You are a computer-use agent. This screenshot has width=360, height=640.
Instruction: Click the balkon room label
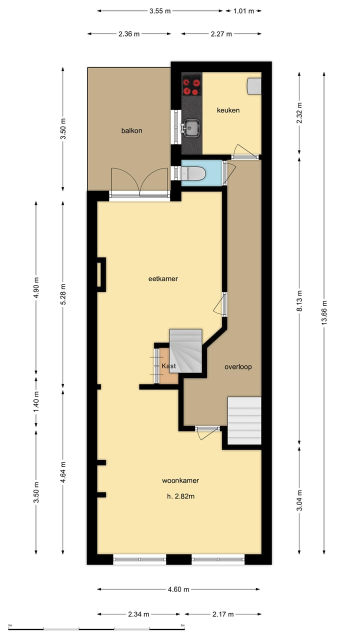131,130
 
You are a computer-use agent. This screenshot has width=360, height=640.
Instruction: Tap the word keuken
228,110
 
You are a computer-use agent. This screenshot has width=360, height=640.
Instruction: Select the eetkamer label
163,278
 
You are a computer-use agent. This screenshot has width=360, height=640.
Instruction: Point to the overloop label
238,366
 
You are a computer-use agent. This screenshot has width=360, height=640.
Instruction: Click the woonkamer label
180,480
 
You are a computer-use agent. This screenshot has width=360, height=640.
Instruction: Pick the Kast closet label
169,365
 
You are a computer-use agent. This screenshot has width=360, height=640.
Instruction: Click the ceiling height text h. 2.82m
181,496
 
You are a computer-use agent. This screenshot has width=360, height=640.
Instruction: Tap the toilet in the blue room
193,173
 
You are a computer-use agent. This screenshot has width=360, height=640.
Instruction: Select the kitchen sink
191,127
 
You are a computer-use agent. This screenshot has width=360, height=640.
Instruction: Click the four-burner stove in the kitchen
191,85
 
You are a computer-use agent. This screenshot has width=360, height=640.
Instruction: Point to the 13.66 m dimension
324,313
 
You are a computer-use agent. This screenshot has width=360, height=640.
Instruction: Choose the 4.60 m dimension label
178,589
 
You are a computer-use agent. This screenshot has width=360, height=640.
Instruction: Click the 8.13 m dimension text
299,301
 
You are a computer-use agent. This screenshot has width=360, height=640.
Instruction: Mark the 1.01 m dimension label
243,11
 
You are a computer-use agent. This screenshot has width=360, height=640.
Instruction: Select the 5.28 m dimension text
63,294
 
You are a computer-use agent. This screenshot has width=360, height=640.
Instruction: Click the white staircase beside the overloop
244,420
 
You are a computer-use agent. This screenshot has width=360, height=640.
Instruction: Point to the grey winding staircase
185,351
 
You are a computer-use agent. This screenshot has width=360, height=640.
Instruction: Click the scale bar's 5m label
182,625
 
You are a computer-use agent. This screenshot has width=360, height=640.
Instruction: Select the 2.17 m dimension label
223,614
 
